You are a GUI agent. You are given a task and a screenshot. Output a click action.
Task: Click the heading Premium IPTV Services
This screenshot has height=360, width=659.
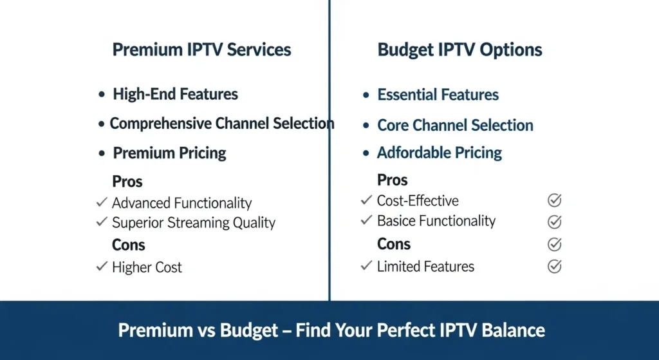pos(201,50)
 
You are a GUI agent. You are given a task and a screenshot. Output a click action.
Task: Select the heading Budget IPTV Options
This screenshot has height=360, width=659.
pos(459,50)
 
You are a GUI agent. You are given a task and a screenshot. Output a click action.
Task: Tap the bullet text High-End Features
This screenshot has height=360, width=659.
pos(175,94)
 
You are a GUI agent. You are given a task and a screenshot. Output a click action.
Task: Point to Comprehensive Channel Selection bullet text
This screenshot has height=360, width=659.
pos(222,124)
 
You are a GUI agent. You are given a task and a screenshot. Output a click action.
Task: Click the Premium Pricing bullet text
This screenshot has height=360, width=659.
pos(169,153)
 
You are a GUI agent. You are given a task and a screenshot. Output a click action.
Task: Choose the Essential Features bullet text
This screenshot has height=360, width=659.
pos(438,95)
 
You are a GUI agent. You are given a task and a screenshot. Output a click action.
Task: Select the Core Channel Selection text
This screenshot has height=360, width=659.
pos(455,126)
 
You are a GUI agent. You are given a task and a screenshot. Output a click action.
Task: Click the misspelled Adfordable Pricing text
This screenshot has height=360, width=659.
pos(439,153)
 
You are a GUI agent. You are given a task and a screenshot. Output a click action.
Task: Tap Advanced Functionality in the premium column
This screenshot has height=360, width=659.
pos(181,203)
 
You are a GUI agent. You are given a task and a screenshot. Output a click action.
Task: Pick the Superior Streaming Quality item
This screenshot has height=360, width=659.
pos(193,223)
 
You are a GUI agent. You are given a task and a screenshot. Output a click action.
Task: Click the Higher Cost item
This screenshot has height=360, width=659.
pos(147,267)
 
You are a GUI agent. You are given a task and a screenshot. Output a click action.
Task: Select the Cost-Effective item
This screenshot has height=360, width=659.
pos(417,201)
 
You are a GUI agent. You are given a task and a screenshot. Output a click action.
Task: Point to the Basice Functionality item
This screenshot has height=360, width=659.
pos(436,221)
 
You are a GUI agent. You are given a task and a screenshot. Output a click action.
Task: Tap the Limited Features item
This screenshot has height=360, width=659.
pos(425,266)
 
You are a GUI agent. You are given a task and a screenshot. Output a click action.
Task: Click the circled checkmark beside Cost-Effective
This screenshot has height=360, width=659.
pos(554,200)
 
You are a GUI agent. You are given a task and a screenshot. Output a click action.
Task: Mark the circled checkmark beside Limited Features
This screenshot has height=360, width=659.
pos(554,266)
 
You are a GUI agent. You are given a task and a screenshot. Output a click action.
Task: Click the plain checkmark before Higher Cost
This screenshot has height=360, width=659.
pos(102,266)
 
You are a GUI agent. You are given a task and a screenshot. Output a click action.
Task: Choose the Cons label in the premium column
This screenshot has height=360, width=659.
pos(128,245)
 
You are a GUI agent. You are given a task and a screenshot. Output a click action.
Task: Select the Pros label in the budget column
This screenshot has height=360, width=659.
pos(392,180)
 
